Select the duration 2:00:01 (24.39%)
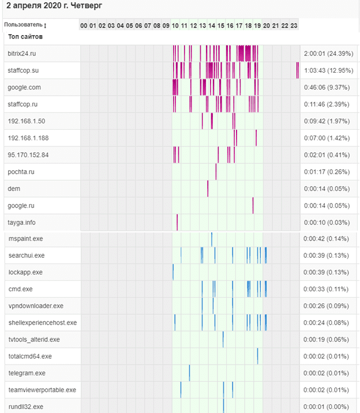point(328,54)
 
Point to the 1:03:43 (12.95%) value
point(328,70)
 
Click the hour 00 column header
point(84,25)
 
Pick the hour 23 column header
point(294,25)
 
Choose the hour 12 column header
point(193,25)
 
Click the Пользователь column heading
point(24,25)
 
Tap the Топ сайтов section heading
point(25,37)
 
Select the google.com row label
point(24,87)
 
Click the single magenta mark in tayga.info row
point(177,222)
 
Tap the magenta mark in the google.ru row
point(253,205)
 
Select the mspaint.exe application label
point(26,238)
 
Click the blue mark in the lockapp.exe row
point(173,272)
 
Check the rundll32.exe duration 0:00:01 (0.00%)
point(327,407)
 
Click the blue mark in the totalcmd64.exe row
point(257,356)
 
